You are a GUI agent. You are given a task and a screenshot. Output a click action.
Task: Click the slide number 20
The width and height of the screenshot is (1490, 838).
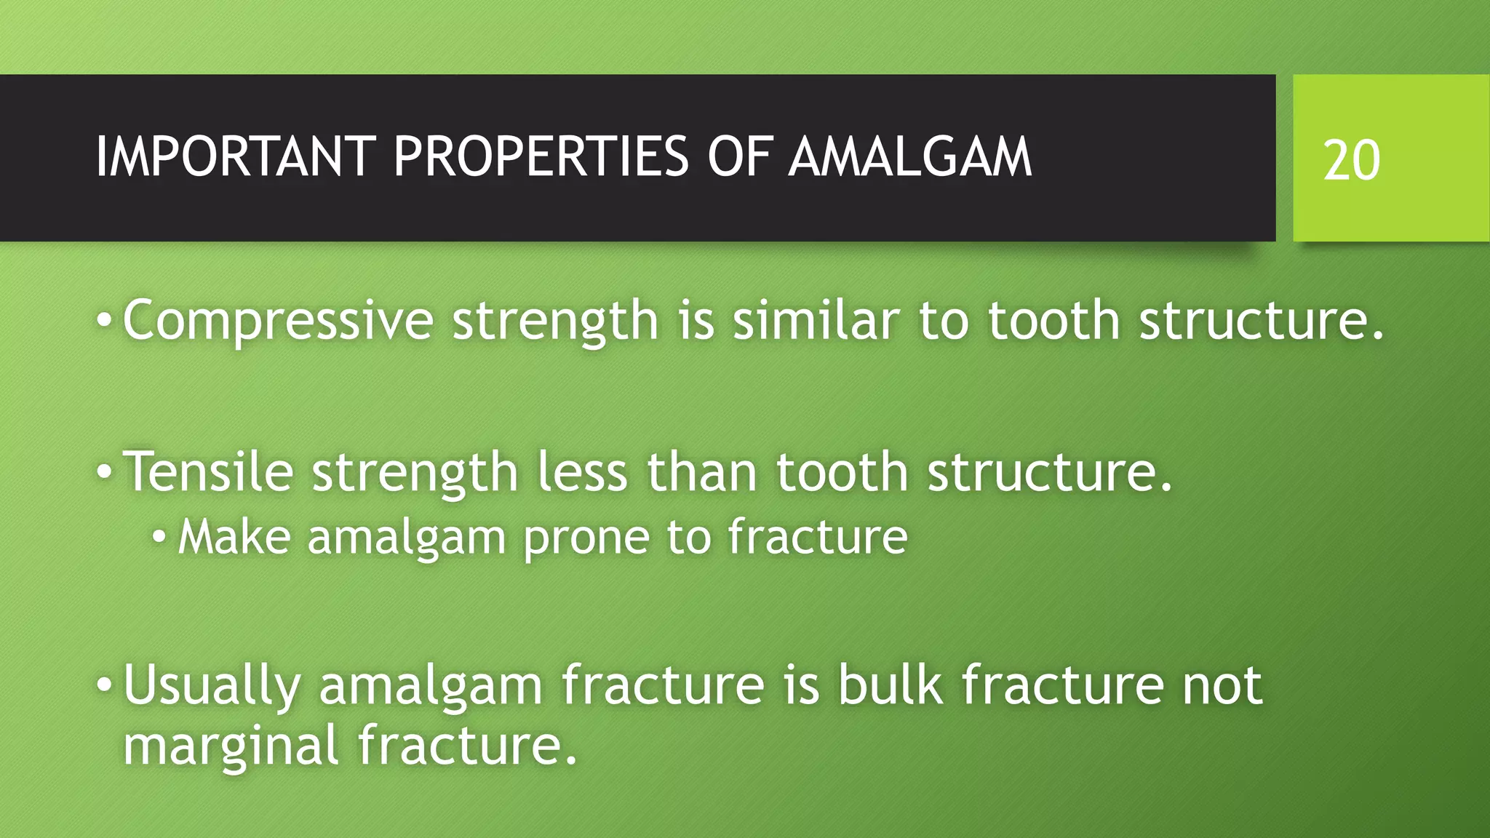pos(1351,160)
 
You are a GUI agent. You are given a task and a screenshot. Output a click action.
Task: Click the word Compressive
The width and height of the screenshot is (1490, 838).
pos(278,321)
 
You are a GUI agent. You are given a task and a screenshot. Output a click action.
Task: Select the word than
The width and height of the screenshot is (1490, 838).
pos(701,472)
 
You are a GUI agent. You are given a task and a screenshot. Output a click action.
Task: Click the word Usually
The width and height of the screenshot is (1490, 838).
pos(212,686)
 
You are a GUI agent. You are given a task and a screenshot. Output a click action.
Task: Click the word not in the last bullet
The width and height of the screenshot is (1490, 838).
pos(1222,686)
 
